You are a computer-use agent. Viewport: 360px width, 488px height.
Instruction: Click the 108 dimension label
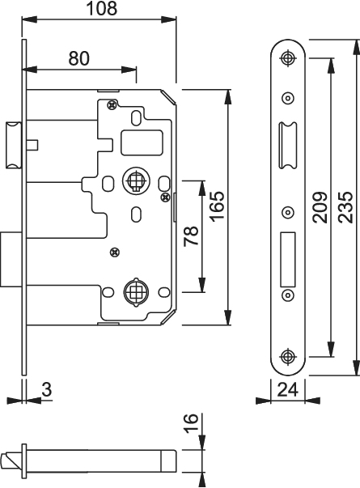(102, 8)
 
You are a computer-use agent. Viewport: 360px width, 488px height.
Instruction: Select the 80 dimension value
(79, 58)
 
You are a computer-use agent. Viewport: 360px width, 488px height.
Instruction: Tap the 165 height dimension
(217, 206)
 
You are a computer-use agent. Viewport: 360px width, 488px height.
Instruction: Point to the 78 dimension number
(191, 236)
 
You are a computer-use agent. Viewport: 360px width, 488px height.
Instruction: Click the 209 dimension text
(320, 208)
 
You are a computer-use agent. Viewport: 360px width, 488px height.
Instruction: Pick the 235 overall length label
(345, 207)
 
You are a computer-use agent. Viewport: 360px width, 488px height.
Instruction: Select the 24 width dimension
(288, 389)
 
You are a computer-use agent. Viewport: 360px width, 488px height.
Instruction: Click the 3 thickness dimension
(47, 389)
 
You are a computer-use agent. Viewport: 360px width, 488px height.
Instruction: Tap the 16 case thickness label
(191, 422)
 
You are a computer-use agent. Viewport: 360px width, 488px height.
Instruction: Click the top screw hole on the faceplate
(288, 57)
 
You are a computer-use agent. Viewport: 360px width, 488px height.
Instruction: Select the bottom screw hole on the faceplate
(287, 356)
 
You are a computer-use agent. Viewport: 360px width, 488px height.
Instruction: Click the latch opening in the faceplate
(287, 146)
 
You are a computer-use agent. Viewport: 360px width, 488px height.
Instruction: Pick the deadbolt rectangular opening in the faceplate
(287, 260)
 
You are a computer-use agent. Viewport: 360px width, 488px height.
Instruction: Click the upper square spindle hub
(136, 180)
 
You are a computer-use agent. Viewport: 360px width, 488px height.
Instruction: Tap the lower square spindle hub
(136, 291)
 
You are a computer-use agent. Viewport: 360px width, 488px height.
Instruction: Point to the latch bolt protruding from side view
(14, 145)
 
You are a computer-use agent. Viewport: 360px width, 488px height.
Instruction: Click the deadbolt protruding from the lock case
(11, 259)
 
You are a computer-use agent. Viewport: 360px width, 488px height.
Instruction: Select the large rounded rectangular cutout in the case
(142, 143)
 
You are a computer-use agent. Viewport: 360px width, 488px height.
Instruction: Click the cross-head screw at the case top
(112, 105)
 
